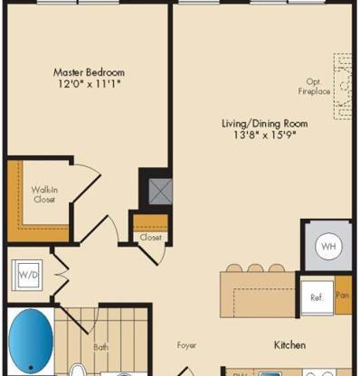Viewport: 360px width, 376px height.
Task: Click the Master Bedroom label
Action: tap(89, 71)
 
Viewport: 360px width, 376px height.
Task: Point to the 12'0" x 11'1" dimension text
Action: tap(89, 84)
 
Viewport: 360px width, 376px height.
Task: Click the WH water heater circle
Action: tap(327, 246)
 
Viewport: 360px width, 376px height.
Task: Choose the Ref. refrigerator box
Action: tap(317, 296)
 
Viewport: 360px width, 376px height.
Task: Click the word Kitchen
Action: tap(289, 344)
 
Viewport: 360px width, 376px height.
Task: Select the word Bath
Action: tap(101, 346)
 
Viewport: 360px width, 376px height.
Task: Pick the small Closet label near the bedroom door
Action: tap(149, 237)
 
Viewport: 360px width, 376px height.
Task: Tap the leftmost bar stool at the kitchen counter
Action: tap(235, 268)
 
